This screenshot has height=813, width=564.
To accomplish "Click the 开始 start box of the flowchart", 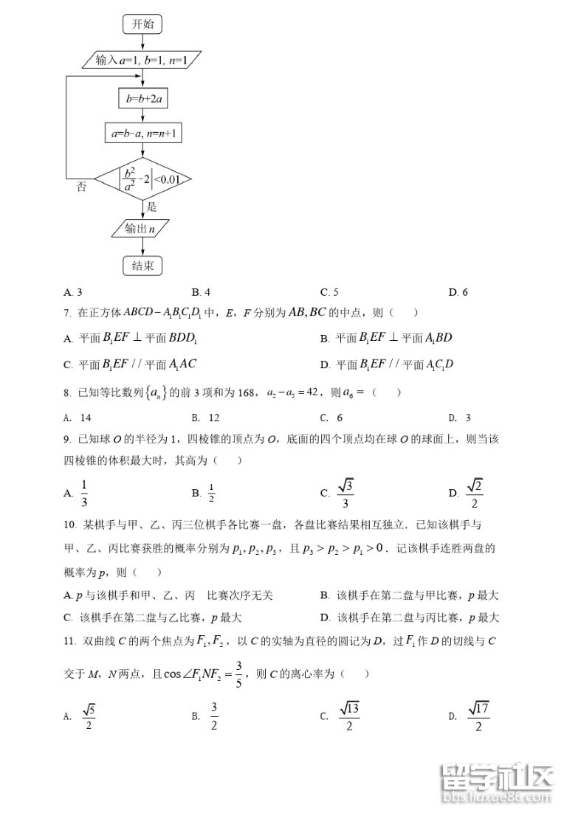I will tap(143, 24).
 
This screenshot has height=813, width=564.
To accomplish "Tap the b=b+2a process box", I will tap(143, 98).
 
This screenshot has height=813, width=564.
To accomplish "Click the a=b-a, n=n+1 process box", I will tap(143, 134).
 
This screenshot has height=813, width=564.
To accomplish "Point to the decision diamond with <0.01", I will tap(144, 179).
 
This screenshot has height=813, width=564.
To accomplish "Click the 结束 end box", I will tap(142, 266).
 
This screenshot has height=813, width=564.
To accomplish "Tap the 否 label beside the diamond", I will tap(82, 187).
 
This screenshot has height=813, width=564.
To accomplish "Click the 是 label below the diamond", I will tap(152, 207).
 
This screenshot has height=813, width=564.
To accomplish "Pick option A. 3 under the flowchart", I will tap(73, 292).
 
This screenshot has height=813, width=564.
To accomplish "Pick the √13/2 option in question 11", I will tap(349, 716).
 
